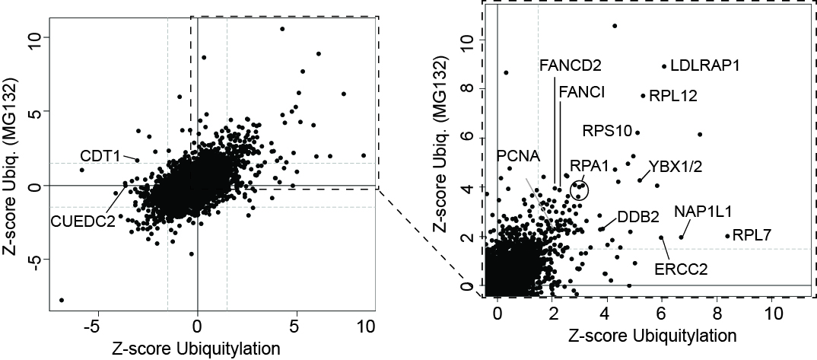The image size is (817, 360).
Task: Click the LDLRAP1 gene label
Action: tap(705, 66)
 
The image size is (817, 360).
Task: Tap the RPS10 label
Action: tap(607, 131)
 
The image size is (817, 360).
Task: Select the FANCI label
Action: tap(582, 92)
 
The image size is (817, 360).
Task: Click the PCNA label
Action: tap(518, 156)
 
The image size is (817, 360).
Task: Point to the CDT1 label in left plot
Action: tap(100, 156)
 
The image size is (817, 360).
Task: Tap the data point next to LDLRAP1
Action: tap(664, 66)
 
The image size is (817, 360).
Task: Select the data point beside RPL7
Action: tap(727, 236)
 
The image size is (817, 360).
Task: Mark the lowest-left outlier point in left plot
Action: tap(62, 300)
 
